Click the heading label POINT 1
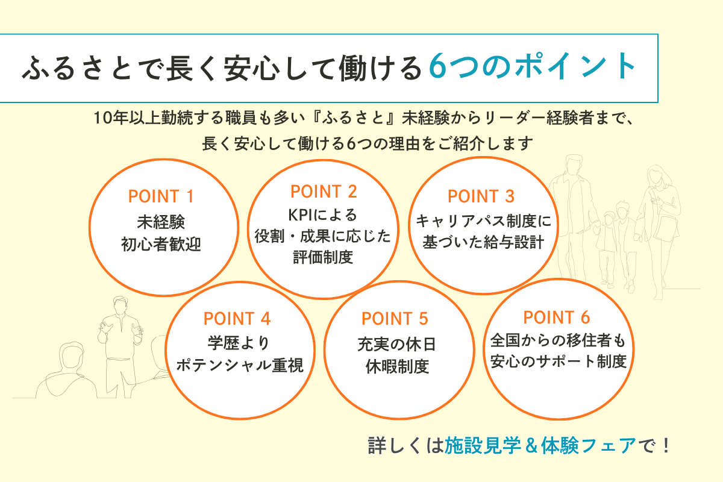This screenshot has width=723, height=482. pyautogui.click(x=161, y=196)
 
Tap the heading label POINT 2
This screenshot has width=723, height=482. pyautogui.click(x=324, y=192)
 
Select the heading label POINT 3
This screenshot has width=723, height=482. pyautogui.click(x=481, y=196)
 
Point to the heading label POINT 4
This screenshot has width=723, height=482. pyautogui.click(x=237, y=319)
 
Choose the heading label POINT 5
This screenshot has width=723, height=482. pyautogui.click(x=395, y=319)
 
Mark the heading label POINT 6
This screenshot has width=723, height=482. pyautogui.click(x=557, y=318)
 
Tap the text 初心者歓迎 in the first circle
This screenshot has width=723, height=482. pyautogui.click(x=161, y=245)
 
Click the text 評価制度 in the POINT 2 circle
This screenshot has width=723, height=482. pyautogui.click(x=323, y=257)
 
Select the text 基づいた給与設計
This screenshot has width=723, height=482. pyautogui.click(x=483, y=242)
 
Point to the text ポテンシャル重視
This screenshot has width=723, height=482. pyautogui.click(x=240, y=365)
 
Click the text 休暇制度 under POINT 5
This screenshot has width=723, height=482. pyautogui.click(x=397, y=366)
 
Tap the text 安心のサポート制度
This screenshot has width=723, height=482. pyautogui.click(x=559, y=361)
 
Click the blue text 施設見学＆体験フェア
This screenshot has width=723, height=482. pyautogui.click(x=540, y=445)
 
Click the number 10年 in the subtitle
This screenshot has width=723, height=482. pyautogui.click(x=111, y=117)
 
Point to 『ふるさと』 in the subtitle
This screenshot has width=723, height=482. pyautogui.click(x=357, y=117)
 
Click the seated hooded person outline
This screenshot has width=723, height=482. pyautogui.click(x=66, y=371)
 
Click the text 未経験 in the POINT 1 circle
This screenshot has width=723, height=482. pyautogui.click(x=161, y=222)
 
